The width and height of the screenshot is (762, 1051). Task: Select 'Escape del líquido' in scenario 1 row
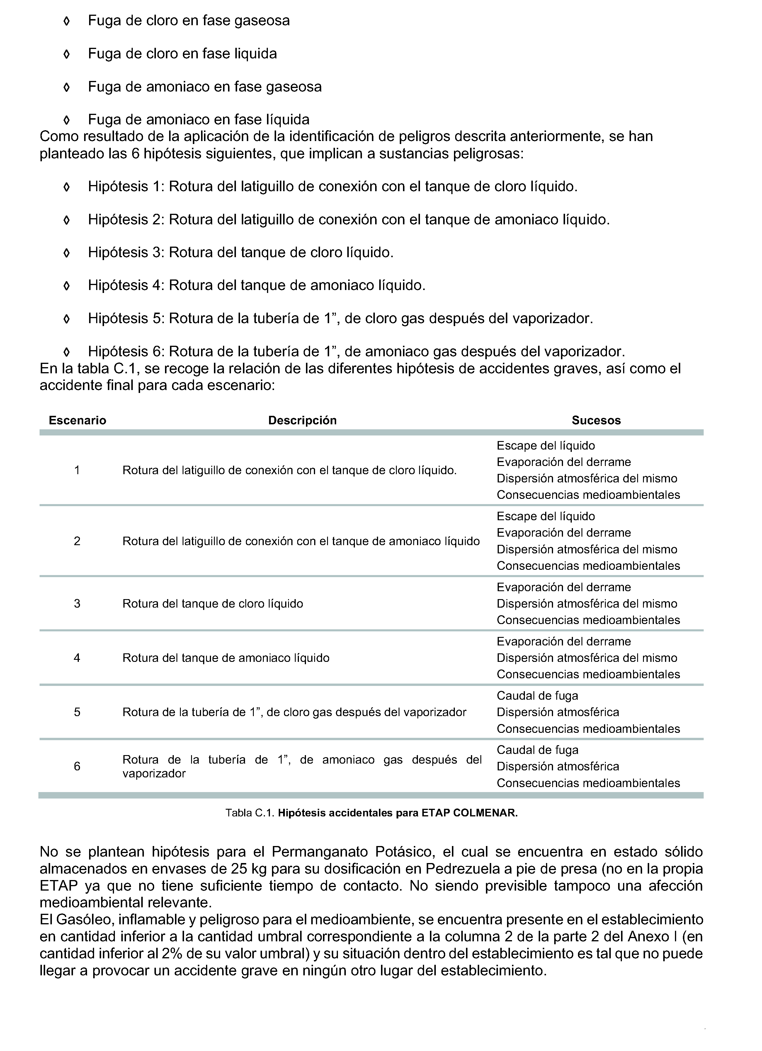coord(546,445)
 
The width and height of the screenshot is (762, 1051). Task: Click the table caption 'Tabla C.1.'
coord(250,813)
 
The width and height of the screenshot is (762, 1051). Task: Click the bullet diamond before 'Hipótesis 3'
coord(66,253)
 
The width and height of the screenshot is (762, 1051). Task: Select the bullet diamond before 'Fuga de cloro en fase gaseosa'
coord(66,21)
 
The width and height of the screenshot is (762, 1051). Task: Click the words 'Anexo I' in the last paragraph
coord(649,937)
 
